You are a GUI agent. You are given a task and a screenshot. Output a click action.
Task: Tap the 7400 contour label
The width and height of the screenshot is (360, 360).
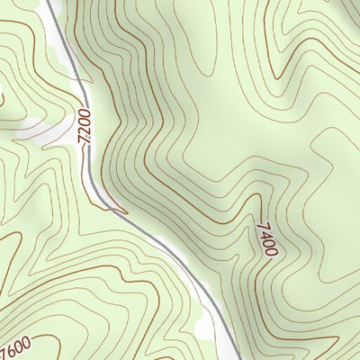coord(265,239)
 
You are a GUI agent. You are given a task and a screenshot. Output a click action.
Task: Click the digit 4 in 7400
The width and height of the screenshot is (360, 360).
coord(264,234)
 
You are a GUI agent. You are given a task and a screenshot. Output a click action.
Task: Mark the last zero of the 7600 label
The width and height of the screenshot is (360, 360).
coord(27,341)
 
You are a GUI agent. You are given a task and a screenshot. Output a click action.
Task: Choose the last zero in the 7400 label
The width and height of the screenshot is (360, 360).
coord(271,253)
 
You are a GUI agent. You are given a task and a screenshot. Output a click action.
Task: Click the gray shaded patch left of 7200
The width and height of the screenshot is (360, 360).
coord(45,130)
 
